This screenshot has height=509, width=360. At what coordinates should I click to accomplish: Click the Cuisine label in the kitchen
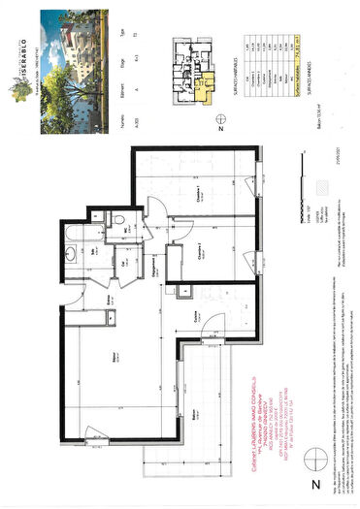[x=196, y=316]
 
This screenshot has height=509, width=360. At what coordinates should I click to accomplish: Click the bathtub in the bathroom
[x=77, y=229]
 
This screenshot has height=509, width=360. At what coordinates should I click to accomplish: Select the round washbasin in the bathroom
[x=71, y=256]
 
